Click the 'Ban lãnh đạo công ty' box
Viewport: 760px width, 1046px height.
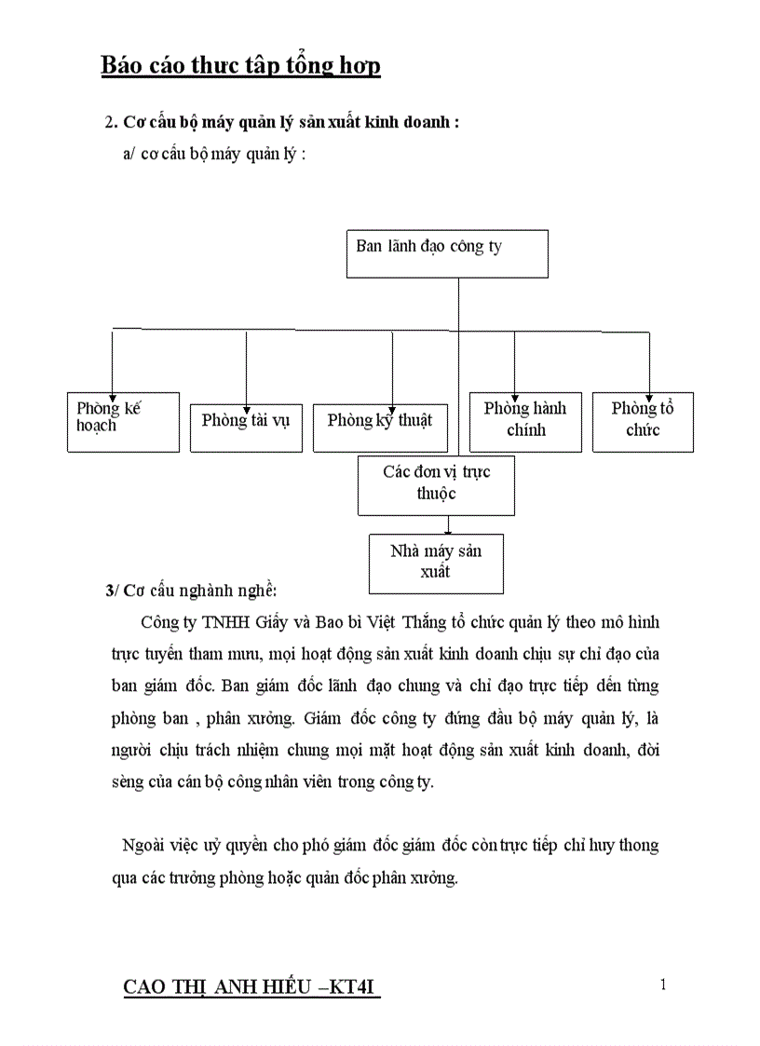[447, 253]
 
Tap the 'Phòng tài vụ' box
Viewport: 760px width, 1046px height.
[246, 428]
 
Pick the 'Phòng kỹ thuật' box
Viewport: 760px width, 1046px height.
[380, 428]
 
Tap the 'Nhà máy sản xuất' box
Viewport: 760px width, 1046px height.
[436, 564]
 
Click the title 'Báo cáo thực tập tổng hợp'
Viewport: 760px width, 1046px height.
[240, 66]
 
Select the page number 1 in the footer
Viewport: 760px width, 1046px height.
[662, 985]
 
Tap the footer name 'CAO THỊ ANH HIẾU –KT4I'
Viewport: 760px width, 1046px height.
[252, 988]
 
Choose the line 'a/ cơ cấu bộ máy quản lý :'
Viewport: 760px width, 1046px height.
[214, 154]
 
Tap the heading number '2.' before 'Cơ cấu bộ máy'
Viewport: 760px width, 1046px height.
[112, 124]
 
